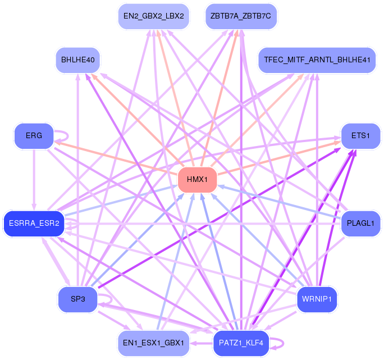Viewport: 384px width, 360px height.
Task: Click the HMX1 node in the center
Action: point(198,180)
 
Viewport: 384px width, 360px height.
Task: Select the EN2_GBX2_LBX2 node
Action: point(154,16)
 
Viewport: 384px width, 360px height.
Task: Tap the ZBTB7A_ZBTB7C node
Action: point(241,16)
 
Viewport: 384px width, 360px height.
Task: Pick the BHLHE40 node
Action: point(78,60)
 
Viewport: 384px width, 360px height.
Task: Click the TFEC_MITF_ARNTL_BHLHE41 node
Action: point(317,60)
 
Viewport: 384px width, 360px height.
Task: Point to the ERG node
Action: point(34,136)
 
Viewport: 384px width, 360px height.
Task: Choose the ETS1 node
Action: point(361,136)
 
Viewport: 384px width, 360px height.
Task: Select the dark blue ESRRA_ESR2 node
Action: point(34,224)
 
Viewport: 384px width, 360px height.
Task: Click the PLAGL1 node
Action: point(361,224)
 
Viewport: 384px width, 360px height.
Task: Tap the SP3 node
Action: point(78,299)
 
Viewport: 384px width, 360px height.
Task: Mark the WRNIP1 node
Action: point(317,299)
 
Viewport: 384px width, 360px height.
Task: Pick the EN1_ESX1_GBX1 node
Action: point(154,343)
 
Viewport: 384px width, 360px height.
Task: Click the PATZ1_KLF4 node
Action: point(241,343)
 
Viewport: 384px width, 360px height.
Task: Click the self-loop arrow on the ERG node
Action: point(68,136)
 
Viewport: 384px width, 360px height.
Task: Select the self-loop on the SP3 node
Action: point(112,299)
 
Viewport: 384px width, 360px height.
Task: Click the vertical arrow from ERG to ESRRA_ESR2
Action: point(34,180)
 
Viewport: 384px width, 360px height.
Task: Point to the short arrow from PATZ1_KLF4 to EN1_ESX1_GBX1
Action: point(202,343)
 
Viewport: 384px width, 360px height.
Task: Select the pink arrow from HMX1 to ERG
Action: point(116,158)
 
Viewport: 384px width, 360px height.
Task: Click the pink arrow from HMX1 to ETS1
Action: point(279,158)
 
